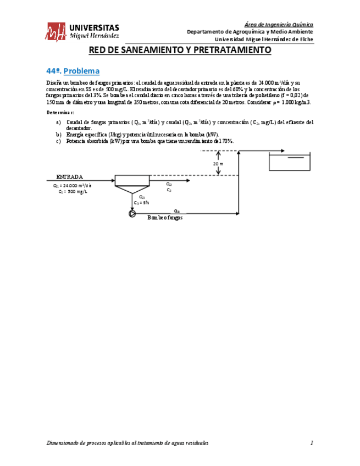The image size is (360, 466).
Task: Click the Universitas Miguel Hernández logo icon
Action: [57, 31]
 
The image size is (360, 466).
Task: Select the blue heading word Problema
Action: [81, 71]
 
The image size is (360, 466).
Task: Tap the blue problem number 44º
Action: [53, 71]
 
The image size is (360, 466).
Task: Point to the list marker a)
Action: [59, 122]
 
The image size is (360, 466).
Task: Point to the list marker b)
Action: [59, 134]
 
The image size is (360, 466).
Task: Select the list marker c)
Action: [59, 141]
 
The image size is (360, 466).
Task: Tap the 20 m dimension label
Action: [218, 164]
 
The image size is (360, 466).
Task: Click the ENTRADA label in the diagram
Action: [70, 177]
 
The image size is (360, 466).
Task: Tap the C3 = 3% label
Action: [141, 202]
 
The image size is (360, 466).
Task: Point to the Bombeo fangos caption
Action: [165, 218]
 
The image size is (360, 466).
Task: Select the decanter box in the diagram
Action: [132, 181]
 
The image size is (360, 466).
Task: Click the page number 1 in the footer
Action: [312, 443]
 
